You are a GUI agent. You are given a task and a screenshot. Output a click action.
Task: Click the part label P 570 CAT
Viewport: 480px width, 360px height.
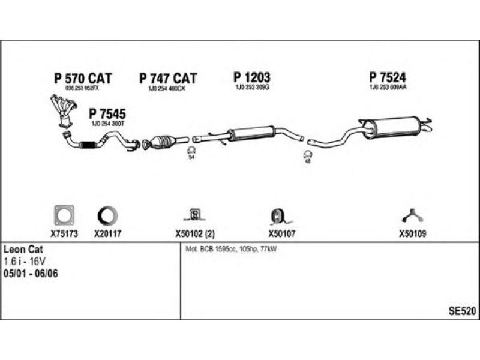pyautogui.click(x=83, y=78)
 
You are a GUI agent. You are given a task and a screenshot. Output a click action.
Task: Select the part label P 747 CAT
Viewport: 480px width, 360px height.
pyautogui.click(x=168, y=78)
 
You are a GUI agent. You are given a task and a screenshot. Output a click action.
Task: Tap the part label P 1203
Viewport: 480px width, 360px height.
pyautogui.click(x=251, y=77)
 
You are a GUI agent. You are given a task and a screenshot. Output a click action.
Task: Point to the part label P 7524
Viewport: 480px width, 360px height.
pyautogui.click(x=388, y=77)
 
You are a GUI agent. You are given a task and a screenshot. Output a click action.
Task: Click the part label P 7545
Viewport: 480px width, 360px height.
pyautogui.click(x=107, y=113)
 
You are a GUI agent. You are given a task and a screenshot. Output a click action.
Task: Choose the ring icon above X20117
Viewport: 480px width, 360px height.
pyautogui.click(x=108, y=215)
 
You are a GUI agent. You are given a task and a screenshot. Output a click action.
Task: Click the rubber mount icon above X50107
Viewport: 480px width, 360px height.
pyautogui.click(x=277, y=215)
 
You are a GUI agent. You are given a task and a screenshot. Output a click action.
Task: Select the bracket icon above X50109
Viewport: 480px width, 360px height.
pyautogui.click(x=412, y=215)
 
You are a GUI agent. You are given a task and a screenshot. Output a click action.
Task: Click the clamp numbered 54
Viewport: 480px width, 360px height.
pyautogui.click(x=191, y=151)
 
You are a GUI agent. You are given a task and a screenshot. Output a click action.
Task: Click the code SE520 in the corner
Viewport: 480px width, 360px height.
pyautogui.click(x=462, y=311)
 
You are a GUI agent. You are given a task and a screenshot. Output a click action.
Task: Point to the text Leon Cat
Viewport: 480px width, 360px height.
pyautogui.click(x=23, y=248)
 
